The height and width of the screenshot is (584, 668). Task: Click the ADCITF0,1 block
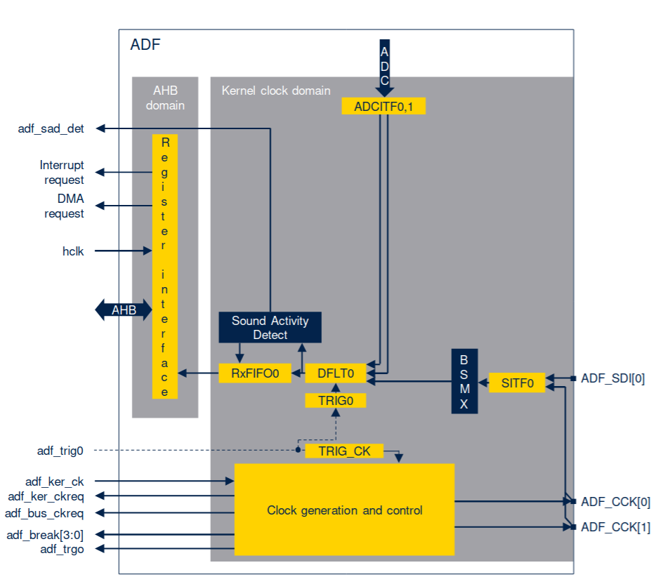384,107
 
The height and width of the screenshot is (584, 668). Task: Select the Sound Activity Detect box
270,328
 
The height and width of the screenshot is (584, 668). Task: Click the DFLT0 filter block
336,374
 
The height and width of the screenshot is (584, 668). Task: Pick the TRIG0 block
336,401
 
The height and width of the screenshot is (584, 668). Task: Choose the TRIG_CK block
344,451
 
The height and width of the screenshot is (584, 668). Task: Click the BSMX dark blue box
464,381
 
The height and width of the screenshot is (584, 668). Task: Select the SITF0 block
517,383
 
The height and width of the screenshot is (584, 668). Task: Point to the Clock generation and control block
344,510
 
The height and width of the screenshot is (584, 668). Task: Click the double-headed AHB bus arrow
124,310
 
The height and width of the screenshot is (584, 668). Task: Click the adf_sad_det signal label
51,128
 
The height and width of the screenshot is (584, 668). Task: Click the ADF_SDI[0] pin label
613,379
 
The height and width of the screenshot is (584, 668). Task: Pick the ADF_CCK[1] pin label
615,527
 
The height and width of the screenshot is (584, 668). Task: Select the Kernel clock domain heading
275,91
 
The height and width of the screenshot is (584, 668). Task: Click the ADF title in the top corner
145,46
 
